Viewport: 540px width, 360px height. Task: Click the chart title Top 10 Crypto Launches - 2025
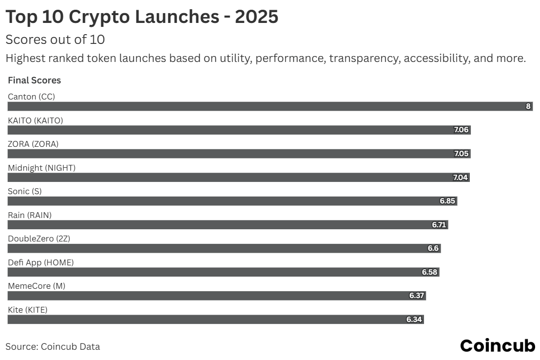point(142,17)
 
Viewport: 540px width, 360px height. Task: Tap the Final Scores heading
point(34,80)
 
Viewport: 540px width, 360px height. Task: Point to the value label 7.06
point(461,130)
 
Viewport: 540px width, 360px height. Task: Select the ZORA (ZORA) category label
point(34,144)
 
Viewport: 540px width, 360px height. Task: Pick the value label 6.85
point(447,201)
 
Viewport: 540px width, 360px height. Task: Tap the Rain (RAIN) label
point(30,215)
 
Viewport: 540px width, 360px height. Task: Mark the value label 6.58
point(429,272)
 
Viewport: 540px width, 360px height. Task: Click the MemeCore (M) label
point(37,286)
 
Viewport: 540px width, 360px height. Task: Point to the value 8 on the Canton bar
point(528,106)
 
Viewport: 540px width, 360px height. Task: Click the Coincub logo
point(498,346)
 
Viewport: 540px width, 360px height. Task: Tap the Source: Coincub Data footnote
point(53,347)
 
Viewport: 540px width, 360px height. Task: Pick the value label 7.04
point(461,178)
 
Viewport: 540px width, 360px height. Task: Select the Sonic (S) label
point(25,191)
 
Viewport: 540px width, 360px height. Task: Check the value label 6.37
point(417,296)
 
